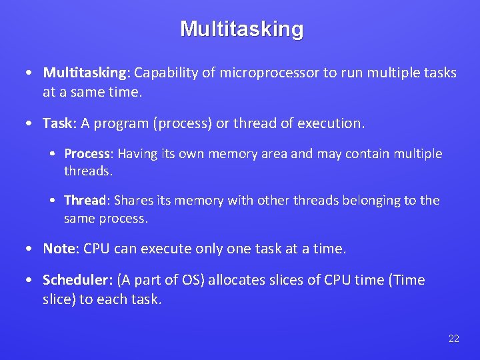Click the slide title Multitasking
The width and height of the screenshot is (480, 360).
[x=241, y=29]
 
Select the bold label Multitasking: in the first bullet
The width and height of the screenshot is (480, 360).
[x=87, y=73]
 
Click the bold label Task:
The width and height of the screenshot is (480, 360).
[x=60, y=123]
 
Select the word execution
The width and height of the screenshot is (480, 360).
[x=331, y=123]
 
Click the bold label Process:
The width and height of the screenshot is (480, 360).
[x=89, y=153]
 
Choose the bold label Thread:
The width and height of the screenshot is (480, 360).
[x=86, y=200]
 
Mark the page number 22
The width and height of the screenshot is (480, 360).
[x=454, y=339]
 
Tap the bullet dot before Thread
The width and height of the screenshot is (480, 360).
[x=53, y=201]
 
